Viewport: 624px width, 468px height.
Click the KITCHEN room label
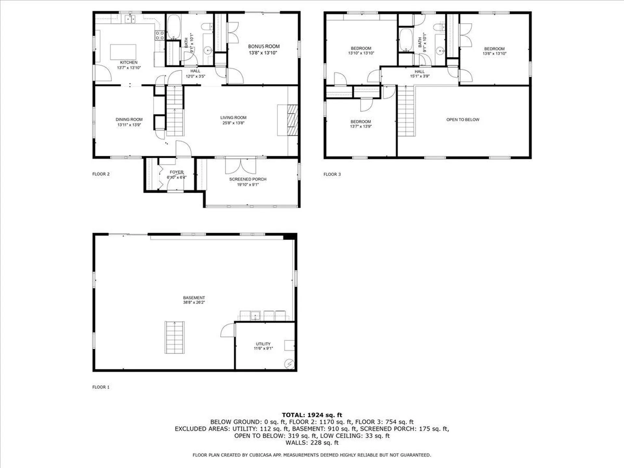pos(129,62)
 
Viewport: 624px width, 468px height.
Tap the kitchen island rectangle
pos(123,52)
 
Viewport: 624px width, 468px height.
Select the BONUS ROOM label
pos(264,46)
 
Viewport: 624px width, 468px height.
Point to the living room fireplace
pos(292,120)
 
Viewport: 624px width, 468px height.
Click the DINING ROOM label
pos(129,120)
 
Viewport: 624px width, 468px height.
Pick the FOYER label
pos(176,172)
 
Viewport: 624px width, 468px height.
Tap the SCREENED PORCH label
pos(248,179)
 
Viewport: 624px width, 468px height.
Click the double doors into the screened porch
pos(240,166)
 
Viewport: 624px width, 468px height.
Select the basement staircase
pos(175,337)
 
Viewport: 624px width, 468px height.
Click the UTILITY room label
pos(263,344)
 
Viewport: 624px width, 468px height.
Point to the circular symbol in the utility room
pos(289,364)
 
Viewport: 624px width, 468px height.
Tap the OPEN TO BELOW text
pos(463,120)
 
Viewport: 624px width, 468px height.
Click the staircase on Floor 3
pos(406,111)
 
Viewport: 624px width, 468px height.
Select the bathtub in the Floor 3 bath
pos(406,40)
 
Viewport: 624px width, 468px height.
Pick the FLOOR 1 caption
pos(101,387)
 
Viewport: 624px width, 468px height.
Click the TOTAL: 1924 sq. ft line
pos(312,415)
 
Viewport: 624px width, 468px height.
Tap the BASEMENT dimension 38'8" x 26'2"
pos(194,303)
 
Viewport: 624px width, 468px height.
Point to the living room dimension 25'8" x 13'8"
pos(233,123)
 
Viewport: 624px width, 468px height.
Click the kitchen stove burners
pos(160,35)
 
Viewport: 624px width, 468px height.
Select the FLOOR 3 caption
pos(332,174)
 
